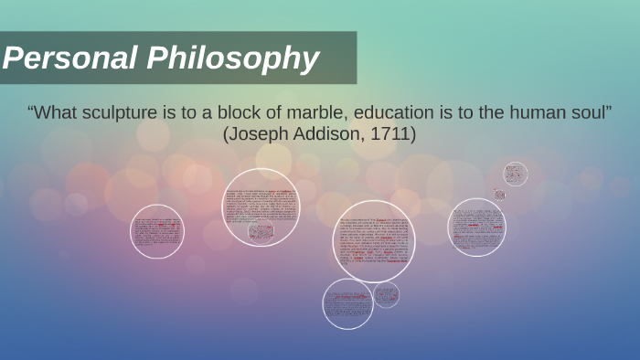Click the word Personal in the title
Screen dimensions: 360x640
click(x=68, y=58)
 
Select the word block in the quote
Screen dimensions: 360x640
click(x=217, y=113)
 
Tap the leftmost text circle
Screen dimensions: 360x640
click(x=156, y=231)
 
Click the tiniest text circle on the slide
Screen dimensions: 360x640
click(x=499, y=194)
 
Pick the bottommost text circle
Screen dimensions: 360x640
click(x=347, y=303)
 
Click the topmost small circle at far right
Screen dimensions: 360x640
click(x=515, y=174)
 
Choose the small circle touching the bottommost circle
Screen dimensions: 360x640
click(x=386, y=294)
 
